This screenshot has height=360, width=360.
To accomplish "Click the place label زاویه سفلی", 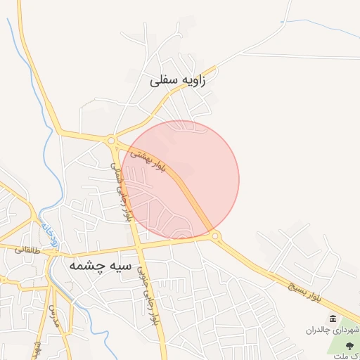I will coord(179,81).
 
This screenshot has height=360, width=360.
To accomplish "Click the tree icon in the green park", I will coord(351,343).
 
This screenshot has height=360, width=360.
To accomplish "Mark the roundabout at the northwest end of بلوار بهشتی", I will coord(111,141).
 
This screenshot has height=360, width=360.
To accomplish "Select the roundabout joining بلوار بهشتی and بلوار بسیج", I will coord(214,236).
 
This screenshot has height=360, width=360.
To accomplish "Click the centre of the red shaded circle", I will coord(181,179).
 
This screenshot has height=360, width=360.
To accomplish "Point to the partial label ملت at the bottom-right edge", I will coord(351,355).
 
